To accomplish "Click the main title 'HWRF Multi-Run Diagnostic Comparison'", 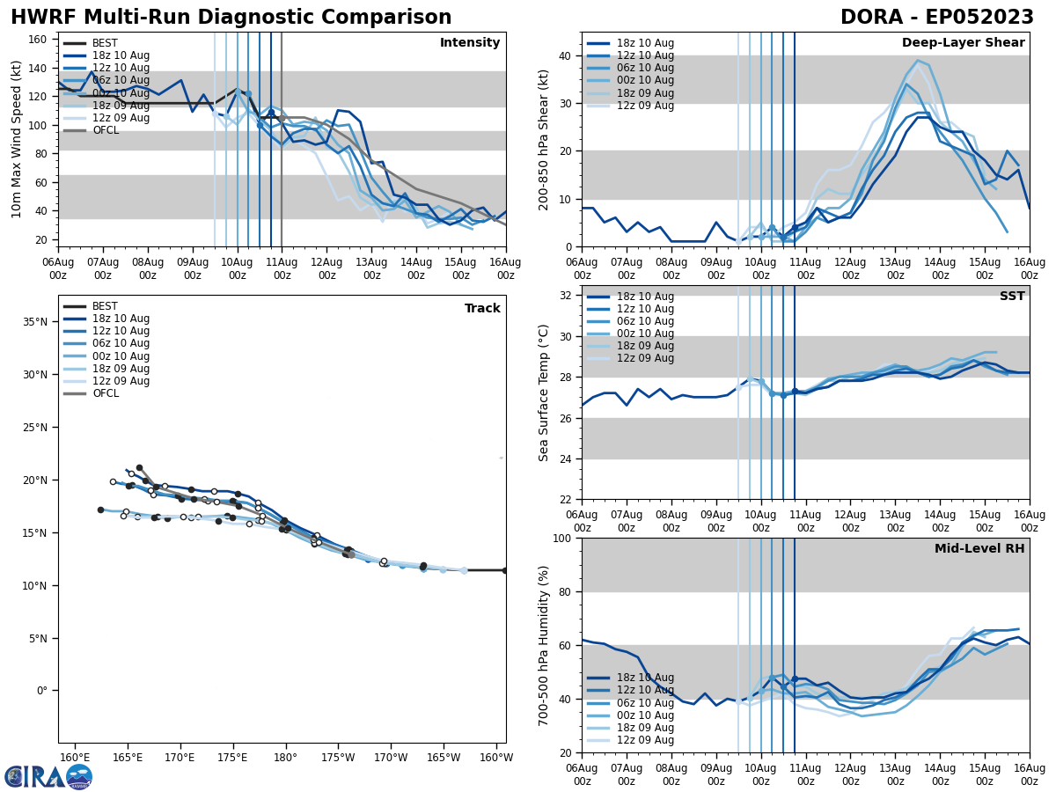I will point(231,18).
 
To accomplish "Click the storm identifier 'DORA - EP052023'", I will point(937,18).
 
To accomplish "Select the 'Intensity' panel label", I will point(470,43).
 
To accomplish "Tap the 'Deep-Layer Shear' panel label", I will point(963,43).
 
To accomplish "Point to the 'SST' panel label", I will point(1012,297).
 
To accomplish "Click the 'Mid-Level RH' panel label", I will point(979,549).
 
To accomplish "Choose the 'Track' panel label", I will point(482,309).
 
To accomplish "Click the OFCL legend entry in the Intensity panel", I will point(106,130).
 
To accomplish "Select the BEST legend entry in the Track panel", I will point(105,306).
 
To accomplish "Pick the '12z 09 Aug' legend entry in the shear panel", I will point(644,106).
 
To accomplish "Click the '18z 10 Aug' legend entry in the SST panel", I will point(644,297).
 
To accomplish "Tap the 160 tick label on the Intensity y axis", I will point(40,40).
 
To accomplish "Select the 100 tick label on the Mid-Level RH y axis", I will point(561,538).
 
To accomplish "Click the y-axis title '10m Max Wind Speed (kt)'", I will point(17,139).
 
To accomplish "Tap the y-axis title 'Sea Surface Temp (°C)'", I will point(544,392).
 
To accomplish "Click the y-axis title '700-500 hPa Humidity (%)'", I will point(544,645).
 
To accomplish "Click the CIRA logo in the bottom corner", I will point(48,776).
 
